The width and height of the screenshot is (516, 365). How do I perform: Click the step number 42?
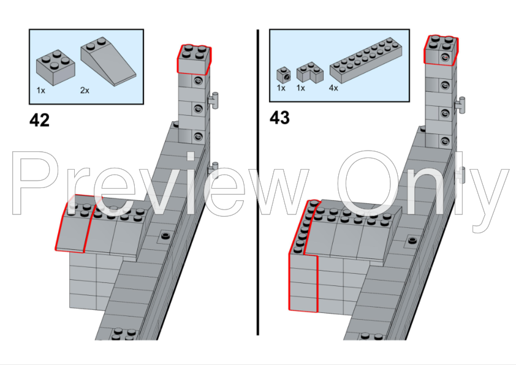point(39,120)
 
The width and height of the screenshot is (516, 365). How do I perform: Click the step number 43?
point(279,118)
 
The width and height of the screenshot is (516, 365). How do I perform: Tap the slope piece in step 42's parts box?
point(108,61)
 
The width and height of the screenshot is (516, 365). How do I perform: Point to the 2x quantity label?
point(85,90)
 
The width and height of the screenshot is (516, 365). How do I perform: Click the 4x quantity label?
point(333,88)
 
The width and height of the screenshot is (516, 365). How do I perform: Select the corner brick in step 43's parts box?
point(309,73)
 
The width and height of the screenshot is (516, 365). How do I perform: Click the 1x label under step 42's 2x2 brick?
point(41,90)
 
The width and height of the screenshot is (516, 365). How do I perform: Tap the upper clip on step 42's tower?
point(215,99)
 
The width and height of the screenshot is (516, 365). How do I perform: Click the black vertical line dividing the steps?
point(258,184)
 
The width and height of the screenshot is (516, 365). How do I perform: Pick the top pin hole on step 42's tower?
point(198,81)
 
